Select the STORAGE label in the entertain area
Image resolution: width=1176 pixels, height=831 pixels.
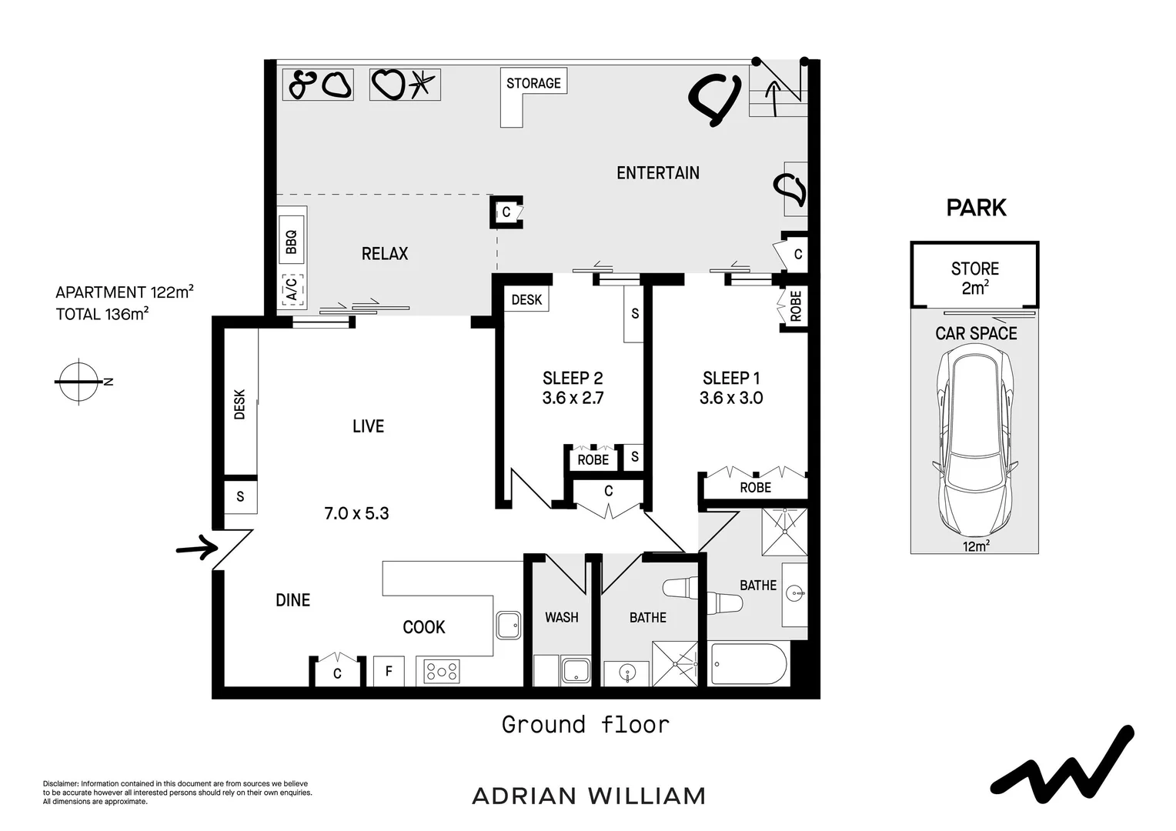point(533,83)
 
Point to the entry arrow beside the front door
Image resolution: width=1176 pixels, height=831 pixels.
point(196,548)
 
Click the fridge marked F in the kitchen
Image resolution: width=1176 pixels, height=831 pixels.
point(389,671)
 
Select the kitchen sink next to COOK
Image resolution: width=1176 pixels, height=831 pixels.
point(508,625)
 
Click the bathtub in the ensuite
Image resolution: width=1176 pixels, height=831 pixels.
point(748,664)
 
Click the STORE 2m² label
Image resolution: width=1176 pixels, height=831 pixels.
point(974,278)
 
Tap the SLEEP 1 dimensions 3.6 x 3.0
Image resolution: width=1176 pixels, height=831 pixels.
point(730,398)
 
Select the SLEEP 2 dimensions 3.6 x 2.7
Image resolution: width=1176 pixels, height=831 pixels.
point(573,398)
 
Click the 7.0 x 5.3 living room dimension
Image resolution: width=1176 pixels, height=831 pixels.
point(356,513)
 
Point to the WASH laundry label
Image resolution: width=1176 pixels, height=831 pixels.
point(561,617)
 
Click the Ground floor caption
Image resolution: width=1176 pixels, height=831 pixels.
point(585,724)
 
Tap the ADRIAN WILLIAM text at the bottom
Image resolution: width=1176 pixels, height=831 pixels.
point(588,796)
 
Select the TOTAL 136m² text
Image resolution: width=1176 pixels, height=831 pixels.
point(102,314)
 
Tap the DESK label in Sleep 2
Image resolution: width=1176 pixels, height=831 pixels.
point(526,299)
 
